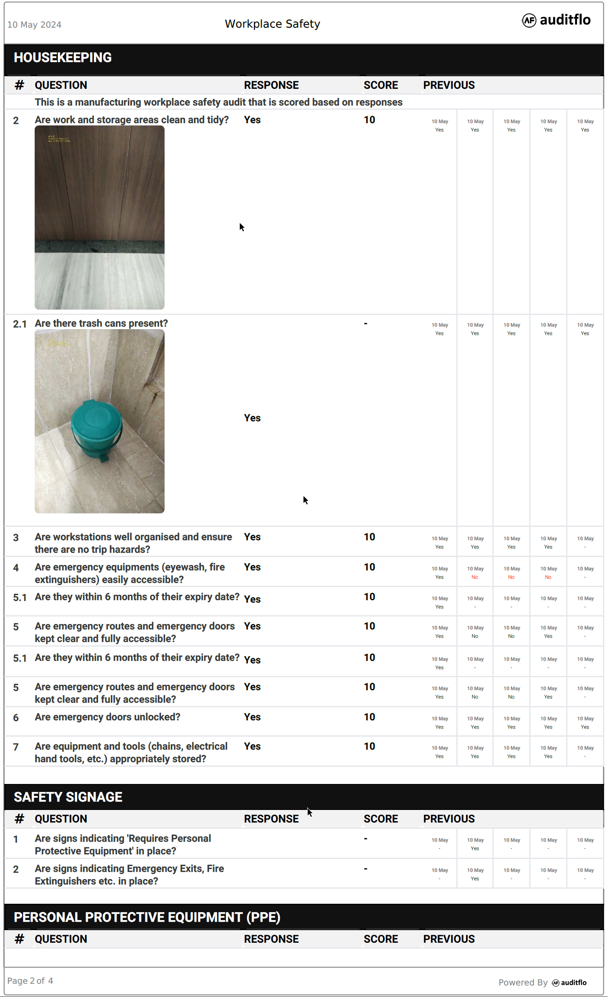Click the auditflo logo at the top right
point(556,20)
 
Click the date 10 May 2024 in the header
point(34,25)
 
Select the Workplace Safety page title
point(272,24)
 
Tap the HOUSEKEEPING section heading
point(63,58)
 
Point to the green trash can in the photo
point(96,431)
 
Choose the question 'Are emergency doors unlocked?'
point(107,717)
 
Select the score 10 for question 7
point(369,747)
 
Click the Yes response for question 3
point(252,537)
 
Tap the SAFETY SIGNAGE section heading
point(68,797)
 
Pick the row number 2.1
point(20,324)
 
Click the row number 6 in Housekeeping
point(16,718)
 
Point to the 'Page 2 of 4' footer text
point(30,981)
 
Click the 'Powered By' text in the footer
point(523,982)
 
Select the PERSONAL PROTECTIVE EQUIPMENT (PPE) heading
point(147,918)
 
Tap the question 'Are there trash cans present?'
point(101,324)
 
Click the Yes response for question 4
point(252,567)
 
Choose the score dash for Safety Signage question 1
point(366,839)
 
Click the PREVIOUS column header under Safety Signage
point(449,819)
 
